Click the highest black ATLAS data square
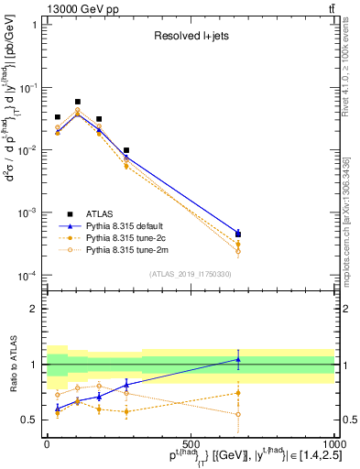point(78,102)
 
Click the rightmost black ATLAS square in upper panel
point(238,234)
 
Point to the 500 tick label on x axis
point(191,444)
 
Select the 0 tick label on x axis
point(48,444)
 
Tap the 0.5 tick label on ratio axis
point(27,420)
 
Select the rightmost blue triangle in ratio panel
point(238,359)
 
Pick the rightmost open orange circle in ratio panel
point(238,414)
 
